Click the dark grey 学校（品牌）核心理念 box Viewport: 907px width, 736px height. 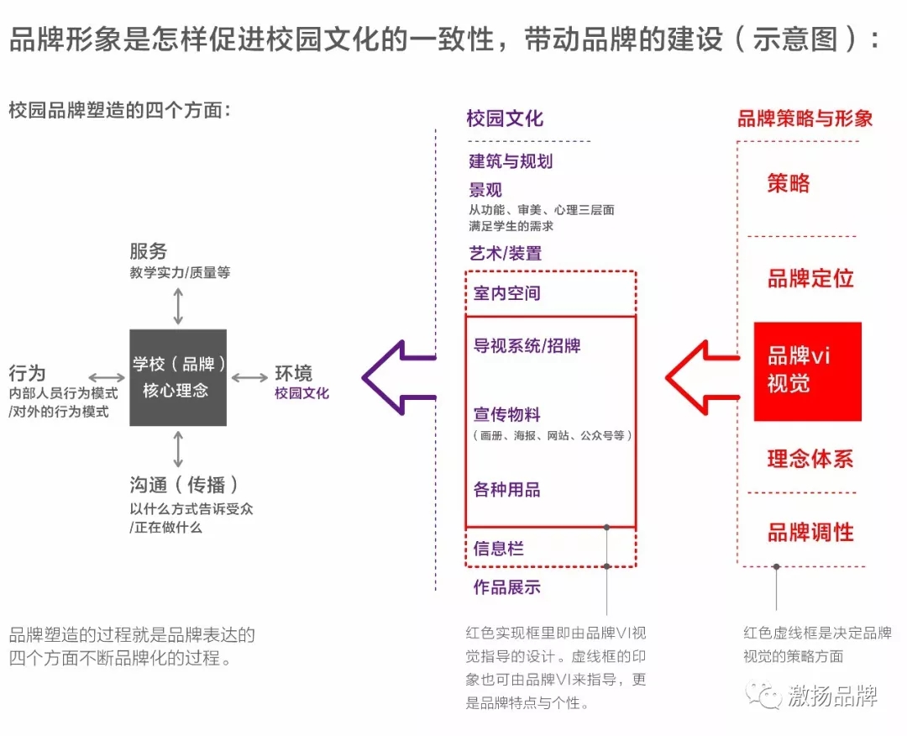tap(177, 377)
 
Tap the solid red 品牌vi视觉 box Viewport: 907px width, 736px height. tap(807, 371)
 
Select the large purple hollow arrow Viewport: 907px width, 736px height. tap(395, 377)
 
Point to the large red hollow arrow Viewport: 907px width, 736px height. tap(700, 377)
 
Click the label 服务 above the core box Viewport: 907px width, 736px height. tap(149, 251)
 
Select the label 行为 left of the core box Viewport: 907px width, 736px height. tap(27, 373)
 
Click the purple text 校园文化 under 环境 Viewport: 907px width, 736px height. tap(301, 393)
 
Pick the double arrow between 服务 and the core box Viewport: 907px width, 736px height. tap(177, 306)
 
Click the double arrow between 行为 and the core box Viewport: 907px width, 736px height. tap(106, 377)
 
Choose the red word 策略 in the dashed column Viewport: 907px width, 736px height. tap(789, 183)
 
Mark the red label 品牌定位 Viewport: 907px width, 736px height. tap(810, 279)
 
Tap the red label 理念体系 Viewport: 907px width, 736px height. tap(810, 459)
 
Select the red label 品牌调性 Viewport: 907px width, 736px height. tap(810, 532)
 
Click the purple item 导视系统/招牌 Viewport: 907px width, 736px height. tap(527, 345)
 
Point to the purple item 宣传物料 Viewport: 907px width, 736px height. tap(507, 414)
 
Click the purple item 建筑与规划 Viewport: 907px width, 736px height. tap(511, 161)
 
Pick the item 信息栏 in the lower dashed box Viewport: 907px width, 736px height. tap(499, 549)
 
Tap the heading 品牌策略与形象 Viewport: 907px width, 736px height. tap(805, 118)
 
